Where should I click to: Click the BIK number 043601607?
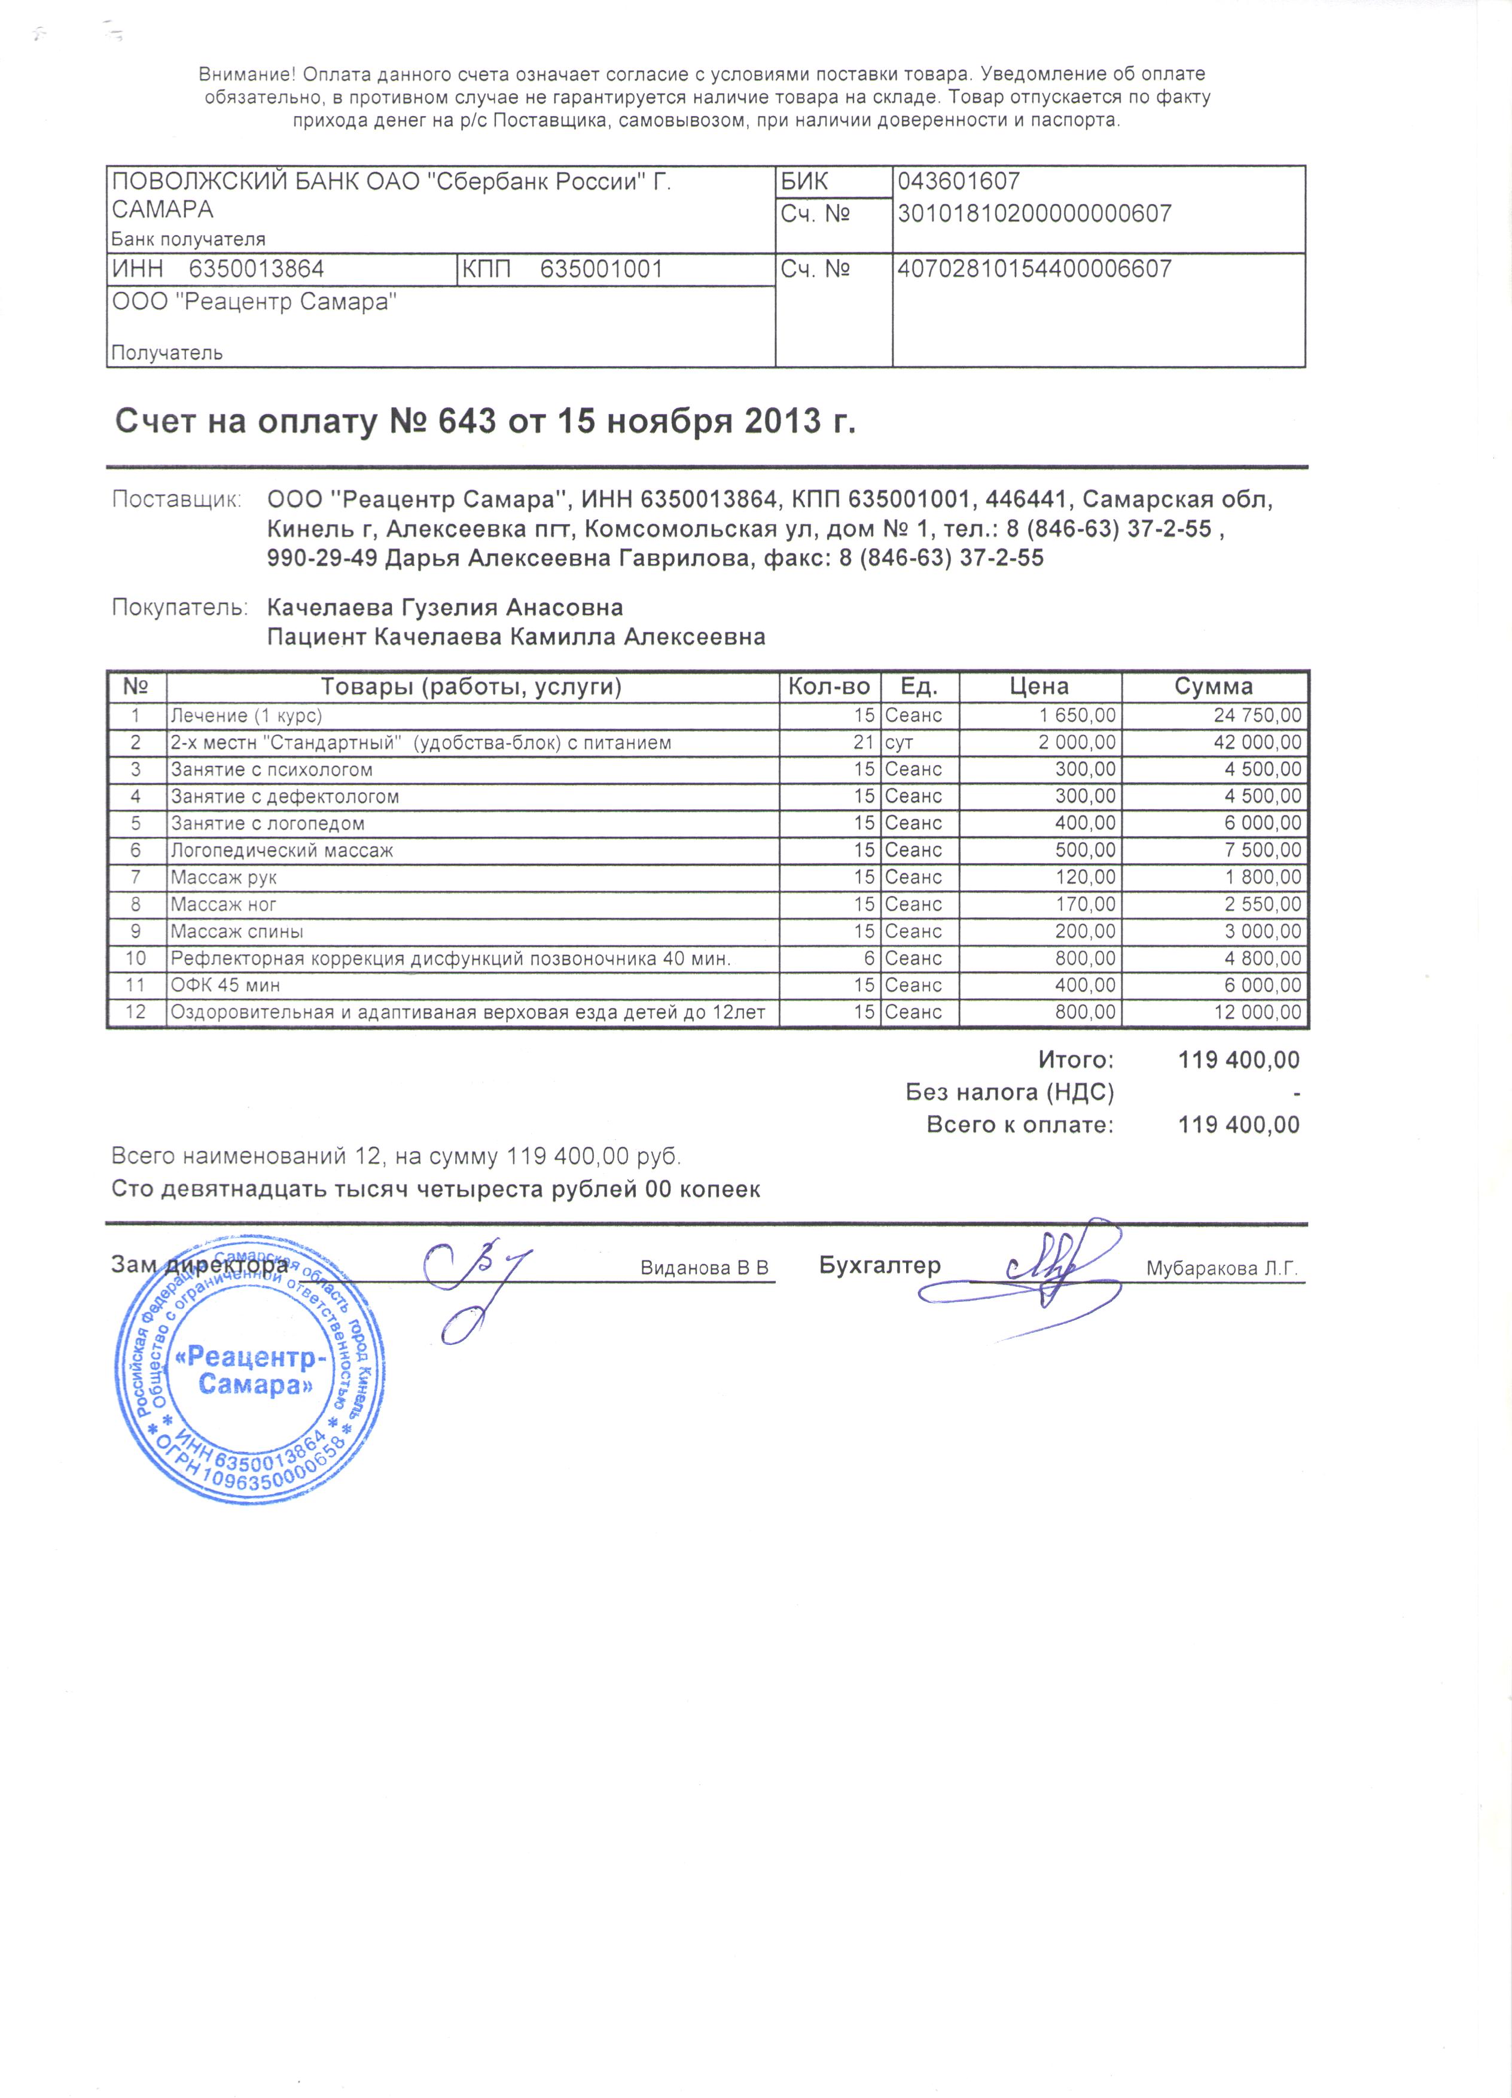(958, 181)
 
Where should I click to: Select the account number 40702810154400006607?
(1034, 269)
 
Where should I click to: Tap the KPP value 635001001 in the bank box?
(601, 269)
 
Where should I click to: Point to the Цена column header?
(1039, 686)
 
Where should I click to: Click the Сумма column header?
(1214, 686)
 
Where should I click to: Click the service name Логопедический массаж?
(282, 850)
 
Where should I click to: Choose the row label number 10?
(136, 958)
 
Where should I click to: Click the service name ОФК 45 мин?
(225, 985)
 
